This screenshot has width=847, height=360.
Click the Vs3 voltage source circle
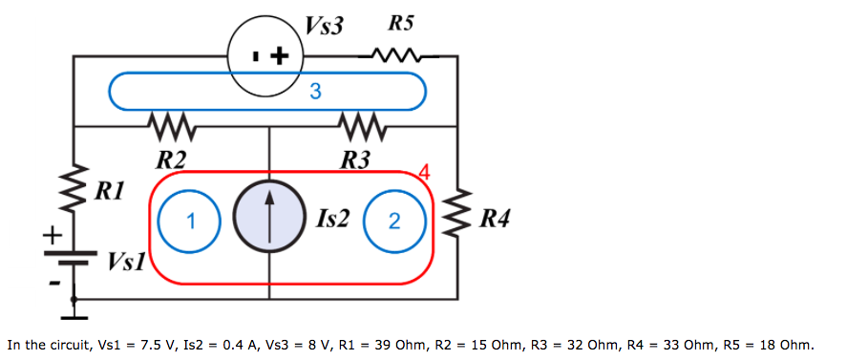point(265,57)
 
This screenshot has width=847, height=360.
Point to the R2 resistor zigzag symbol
point(173,126)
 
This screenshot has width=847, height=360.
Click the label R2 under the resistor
point(171,158)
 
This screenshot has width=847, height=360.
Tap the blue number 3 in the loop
point(315,93)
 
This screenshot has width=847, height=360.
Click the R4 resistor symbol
point(459,215)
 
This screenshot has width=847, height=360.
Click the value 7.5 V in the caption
point(154,344)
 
